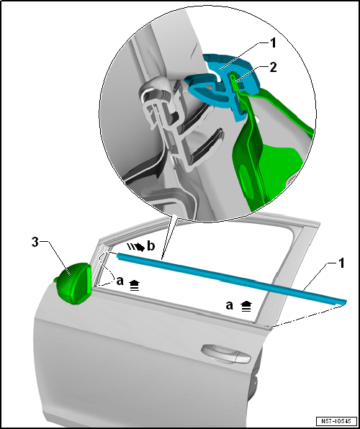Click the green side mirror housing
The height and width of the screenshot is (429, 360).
tap(73, 283)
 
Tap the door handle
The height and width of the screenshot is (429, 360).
tap(226, 354)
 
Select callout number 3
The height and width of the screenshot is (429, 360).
tap(35, 243)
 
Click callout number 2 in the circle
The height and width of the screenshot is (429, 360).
tap(273, 68)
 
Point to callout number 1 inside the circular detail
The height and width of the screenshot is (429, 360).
tap(273, 43)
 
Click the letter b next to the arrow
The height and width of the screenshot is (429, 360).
tap(151, 246)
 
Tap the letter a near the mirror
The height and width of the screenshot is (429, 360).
tap(120, 281)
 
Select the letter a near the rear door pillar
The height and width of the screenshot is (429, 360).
tap(230, 305)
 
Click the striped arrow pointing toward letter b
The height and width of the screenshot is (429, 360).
tap(136, 246)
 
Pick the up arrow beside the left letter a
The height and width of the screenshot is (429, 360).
tap(134, 286)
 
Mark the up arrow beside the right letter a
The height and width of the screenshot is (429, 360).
tap(246, 305)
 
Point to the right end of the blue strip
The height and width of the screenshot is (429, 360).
tap(346, 302)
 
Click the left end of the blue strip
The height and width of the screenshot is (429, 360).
tap(118, 256)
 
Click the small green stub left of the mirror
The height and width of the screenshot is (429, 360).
tap(55, 279)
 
